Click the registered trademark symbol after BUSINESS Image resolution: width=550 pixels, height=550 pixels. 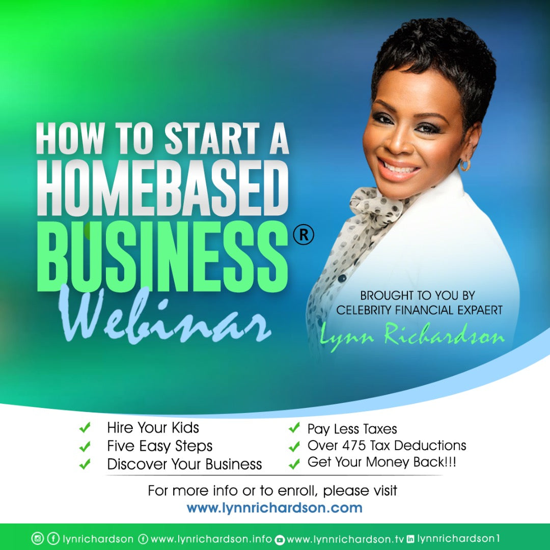[304, 235]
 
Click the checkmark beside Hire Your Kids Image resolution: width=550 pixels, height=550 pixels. [85, 428]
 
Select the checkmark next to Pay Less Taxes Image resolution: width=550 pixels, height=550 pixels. [294, 429]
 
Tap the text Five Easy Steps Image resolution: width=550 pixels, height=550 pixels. [159, 446]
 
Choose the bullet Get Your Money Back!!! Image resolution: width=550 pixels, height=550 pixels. [379, 463]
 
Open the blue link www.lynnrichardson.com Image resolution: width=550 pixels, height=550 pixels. [274, 508]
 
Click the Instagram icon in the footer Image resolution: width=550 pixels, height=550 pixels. [38, 538]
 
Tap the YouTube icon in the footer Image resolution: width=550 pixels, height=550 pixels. [280, 539]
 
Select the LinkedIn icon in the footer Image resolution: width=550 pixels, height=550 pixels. [410, 538]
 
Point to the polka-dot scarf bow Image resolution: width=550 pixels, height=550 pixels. [377, 204]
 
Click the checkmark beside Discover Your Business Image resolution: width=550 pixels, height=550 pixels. [85, 464]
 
